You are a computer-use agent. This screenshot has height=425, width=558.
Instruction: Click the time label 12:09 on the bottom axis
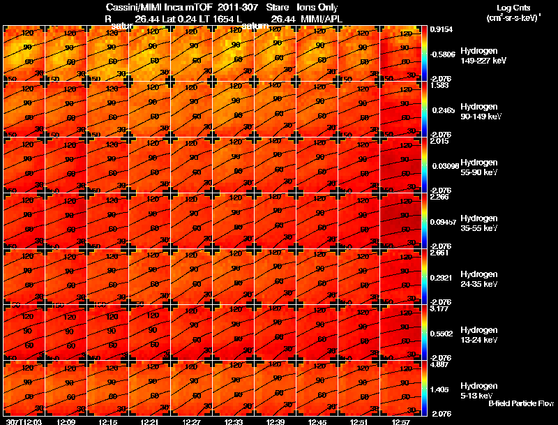click(x=66, y=422)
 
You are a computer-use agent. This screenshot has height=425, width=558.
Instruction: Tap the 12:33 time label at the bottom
click(x=233, y=422)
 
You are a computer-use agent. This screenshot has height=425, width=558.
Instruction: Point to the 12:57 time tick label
click(x=400, y=422)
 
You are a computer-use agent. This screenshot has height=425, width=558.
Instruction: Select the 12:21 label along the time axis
click(x=149, y=422)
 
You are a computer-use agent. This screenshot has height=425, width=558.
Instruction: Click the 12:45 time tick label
click(x=317, y=422)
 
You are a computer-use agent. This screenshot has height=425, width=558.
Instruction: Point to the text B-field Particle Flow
click(x=520, y=403)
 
